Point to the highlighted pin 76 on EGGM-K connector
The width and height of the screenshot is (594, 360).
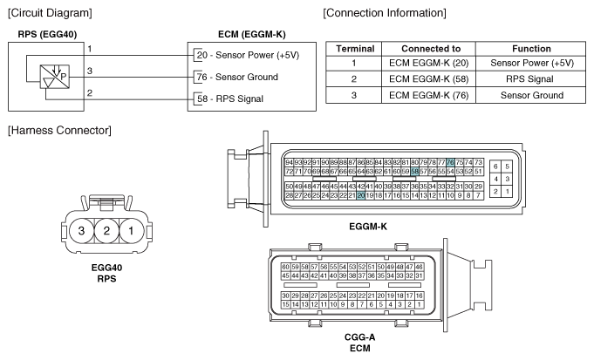coord(450,162)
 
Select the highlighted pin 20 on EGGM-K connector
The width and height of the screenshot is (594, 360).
coord(360,196)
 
